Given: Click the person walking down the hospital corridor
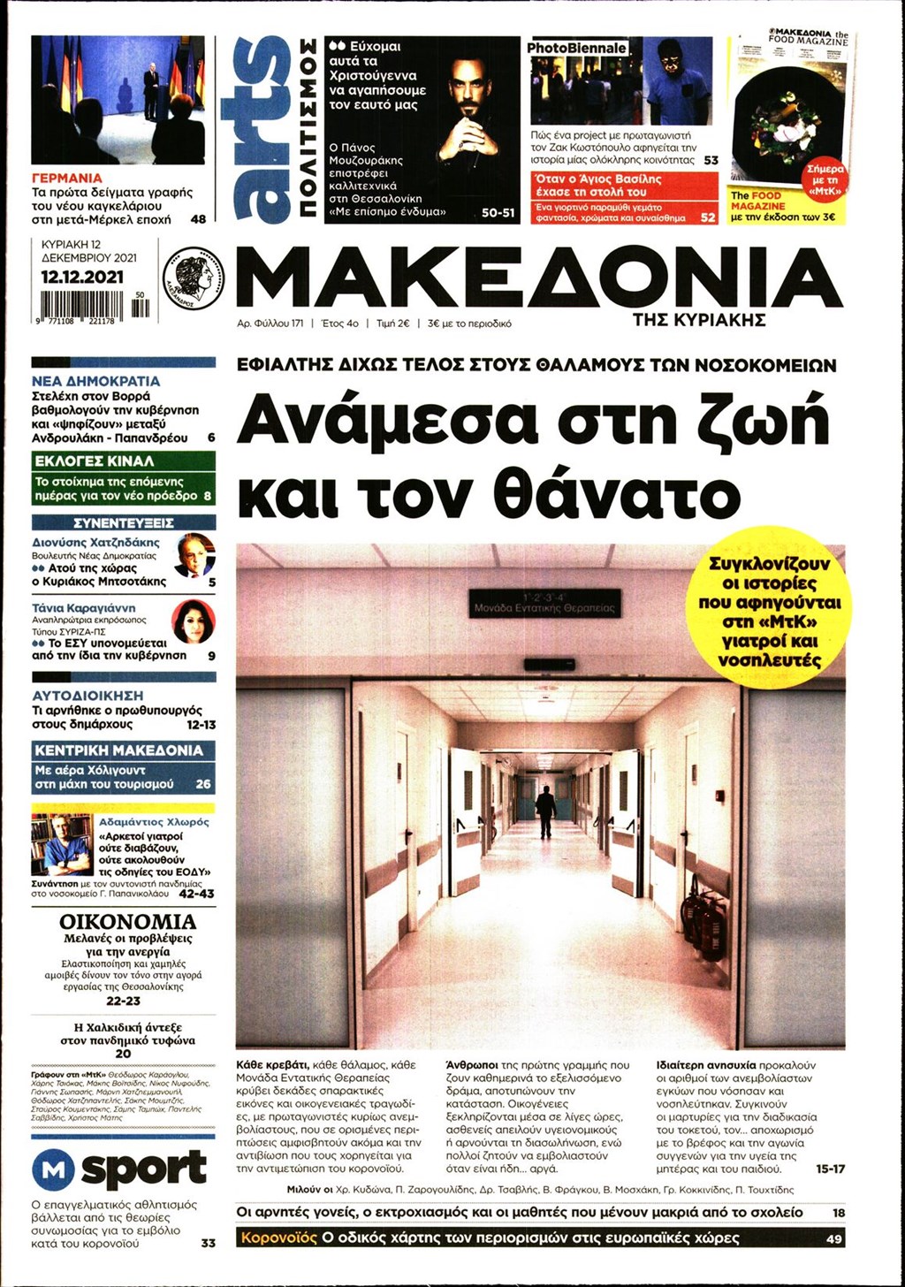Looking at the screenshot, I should (x=545, y=811).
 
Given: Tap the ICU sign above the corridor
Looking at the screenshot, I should (x=545, y=604).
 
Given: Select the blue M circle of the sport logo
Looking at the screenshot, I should (x=53, y=1170).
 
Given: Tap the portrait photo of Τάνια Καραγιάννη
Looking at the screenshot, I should (x=193, y=621).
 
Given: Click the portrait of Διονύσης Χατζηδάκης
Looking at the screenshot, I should (x=194, y=555).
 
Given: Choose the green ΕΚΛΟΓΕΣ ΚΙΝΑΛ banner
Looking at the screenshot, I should (x=123, y=461).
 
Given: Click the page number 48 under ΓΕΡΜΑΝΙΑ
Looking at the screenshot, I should (x=198, y=218).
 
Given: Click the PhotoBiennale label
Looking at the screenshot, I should (x=577, y=48).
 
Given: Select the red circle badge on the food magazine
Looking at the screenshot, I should (x=825, y=180).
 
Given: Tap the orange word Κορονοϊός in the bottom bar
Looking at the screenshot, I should (x=278, y=1238).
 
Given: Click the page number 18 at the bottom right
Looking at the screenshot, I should (x=838, y=1213).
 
